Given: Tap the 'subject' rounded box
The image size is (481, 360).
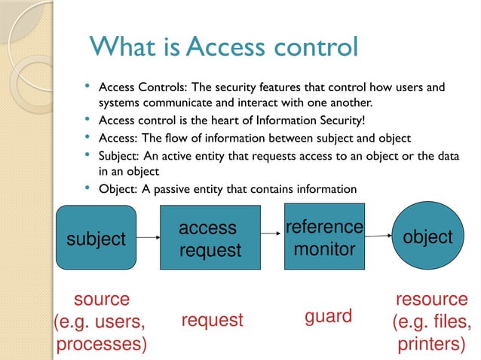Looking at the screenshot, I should pyautogui.click(x=96, y=239).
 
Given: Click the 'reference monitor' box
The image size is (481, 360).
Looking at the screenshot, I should pyautogui.click(x=324, y=237).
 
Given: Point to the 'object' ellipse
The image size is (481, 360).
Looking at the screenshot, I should pyautogui.click(x=428, y=237).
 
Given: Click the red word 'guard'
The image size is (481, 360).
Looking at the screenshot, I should pyautogui.click(x=328, y=316).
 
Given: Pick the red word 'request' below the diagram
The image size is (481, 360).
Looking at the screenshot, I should pyautogui.click(x=213, y=320).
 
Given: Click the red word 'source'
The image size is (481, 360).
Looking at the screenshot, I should pyautogui.click(x=102, y=299).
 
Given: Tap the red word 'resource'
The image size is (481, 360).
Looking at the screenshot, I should pyautogui.click(x=431, y=299).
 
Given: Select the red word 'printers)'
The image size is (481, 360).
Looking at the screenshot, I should pyautogui.click(x=431, y=344).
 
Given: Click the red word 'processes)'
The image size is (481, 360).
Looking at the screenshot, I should pyautogui.click(x=102, y=344).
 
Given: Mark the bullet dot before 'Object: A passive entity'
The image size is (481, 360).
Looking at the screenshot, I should pyautogui.click(x=88, y=186).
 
